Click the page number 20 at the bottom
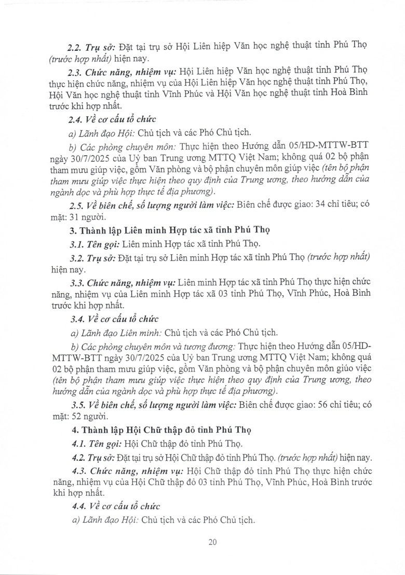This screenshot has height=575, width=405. click(212, 542)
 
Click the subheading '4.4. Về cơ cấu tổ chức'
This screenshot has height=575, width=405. click(115, 506)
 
